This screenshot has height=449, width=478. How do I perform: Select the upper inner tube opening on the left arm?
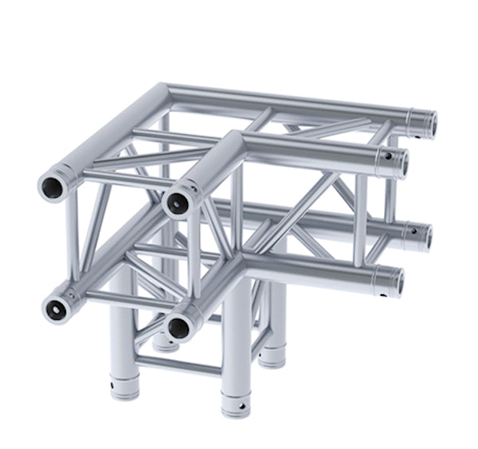pyautogui.click(x=178, y=203)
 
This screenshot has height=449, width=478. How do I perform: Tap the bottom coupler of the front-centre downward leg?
pyautogui.click(x=235, y=403)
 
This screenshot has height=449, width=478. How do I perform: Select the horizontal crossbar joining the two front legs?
pyautogui.click(x=178, y=366)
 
